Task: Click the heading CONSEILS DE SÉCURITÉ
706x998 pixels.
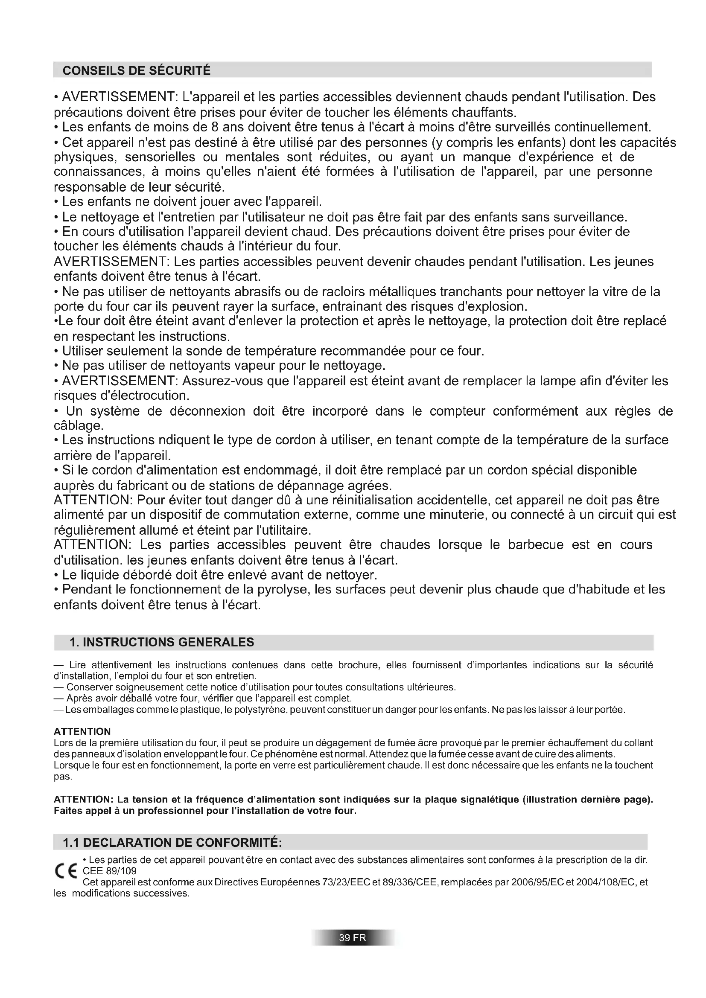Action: [137, 70]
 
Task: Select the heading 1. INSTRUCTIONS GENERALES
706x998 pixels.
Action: [162, 642]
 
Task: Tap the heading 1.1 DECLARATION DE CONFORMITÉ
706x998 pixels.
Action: [172, 842]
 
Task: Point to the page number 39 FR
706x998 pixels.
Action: [353, 937]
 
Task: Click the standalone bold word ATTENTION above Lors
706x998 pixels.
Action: [82, 731]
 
